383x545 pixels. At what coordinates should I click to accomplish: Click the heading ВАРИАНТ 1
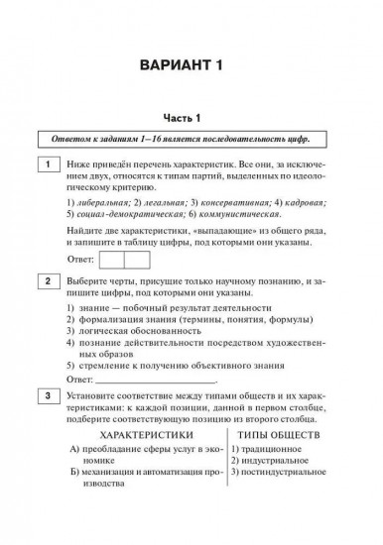191,66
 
